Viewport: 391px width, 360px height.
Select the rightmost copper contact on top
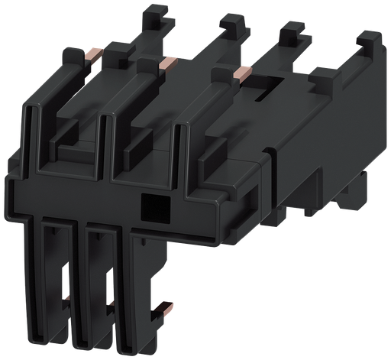click(x=241, y=73)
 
